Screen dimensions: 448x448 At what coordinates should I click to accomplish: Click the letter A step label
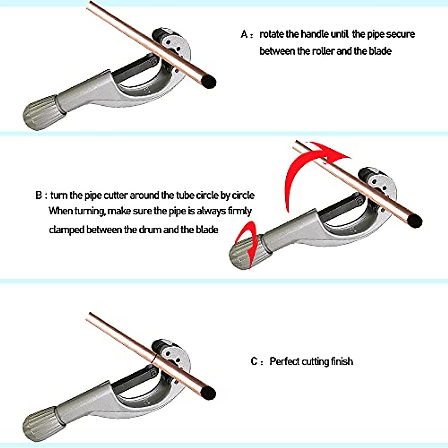[x=244, y=34]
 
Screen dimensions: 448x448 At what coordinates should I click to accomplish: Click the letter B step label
[x=39, y=195]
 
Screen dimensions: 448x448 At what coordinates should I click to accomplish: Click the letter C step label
[x=254, y=361]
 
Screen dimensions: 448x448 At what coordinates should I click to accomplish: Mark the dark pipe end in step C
[x=208, y=392]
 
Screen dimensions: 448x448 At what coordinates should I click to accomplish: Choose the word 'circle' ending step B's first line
[x=243, y=195]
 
